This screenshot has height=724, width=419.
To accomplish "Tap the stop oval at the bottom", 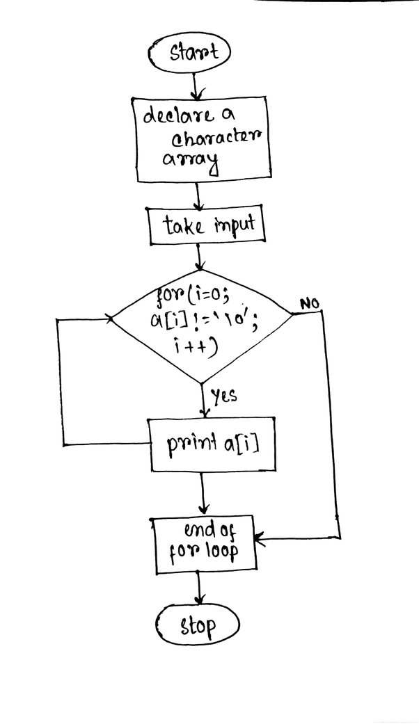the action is pyautogui.click(x=198, y=625).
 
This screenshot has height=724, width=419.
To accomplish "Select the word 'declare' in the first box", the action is pyautogui.click(x=173, y=115).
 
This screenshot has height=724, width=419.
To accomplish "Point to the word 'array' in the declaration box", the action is pyautogui.click(x=190, y=161).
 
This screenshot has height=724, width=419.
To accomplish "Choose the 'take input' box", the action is pyautogui.click(x=207, y=225).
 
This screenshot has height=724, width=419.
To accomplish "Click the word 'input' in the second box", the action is pyautogui.click(x=235, y=225).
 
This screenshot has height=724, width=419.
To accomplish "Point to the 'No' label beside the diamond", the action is pyautogui.click(x=310, y=304).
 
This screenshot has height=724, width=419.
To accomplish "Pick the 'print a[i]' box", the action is pyautogui.click(x=213, y=444).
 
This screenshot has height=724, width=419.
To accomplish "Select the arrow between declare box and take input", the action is pyautogui.click(x=198, y=195).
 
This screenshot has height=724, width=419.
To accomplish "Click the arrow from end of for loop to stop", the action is pyautogui.click(x=198, y=588).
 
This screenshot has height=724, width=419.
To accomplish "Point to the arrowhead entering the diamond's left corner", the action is pyautogui.click(x=110, y=318).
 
